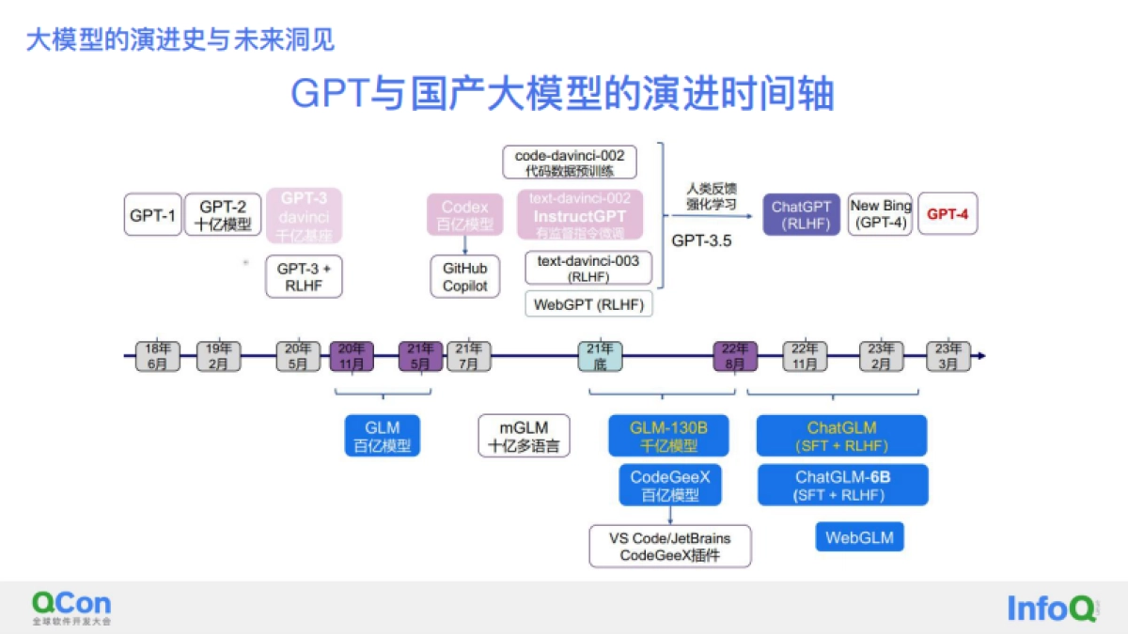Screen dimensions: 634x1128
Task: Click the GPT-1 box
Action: pos(153,214)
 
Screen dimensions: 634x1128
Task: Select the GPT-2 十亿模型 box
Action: pos(223,214)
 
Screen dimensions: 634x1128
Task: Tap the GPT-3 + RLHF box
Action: pos(304,276)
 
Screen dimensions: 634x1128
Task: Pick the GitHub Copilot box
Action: pos(465,276)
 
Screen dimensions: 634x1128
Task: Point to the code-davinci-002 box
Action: pos(570,162)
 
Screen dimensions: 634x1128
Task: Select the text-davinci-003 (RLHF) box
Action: pos(587,268)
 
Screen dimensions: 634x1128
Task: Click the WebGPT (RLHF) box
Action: pos(587,303)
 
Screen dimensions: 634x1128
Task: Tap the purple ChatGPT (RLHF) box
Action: pos(801,214)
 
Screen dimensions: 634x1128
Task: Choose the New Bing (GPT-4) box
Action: pos(879,214)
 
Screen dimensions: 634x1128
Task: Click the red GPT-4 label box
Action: pos(948,214)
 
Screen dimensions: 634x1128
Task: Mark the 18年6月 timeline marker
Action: pos(157,356)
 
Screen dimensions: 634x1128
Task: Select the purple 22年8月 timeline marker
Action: pos(735,356)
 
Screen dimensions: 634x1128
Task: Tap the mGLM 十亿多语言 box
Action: pos(525,436)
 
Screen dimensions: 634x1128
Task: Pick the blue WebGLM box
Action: pos(859,537)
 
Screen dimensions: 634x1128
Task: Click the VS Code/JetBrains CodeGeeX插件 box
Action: pos(669,546)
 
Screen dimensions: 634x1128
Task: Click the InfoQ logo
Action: pos(1051,609)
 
